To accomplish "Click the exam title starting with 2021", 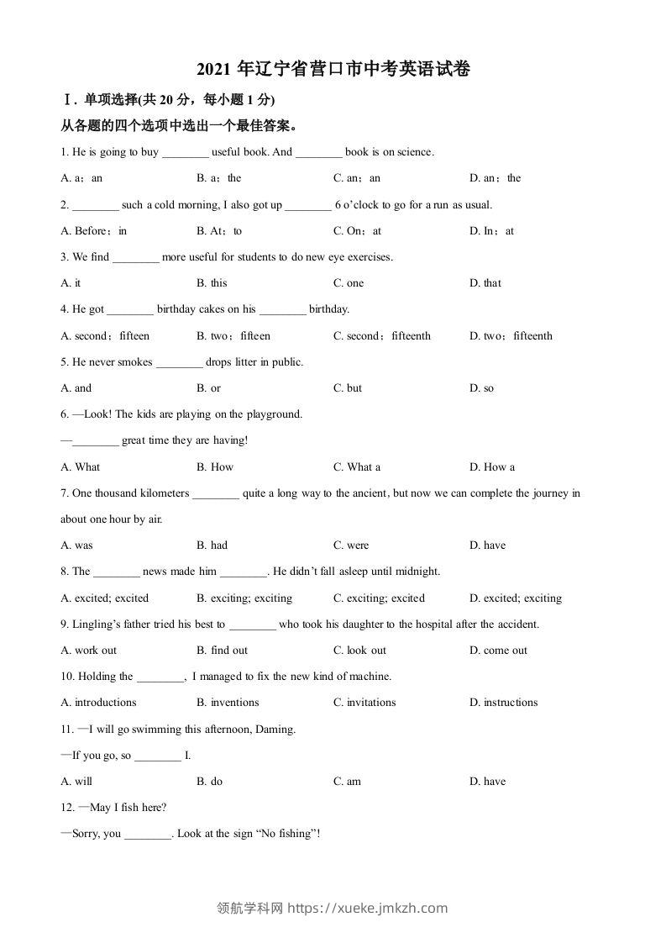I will click(x=333, y=70).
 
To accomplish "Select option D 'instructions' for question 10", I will click(x=503, y=703).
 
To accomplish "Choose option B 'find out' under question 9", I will click(x=223, y=651).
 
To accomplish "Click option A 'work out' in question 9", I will click(x=89, y=651).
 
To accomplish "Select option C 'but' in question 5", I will click(x=348, y=388).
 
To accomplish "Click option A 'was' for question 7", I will click(x=77, y=545).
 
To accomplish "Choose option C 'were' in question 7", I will click(x=351, y=545).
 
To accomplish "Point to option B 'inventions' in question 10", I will click(x=228, y=703).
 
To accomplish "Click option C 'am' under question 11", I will click(x=347, y=782).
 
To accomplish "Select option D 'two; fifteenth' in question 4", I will click(x=511, y=336).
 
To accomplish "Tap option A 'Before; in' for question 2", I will click(x=94, y=231).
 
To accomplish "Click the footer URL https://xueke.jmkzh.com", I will click(x=368, y=908).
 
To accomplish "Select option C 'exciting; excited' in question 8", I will click(x=379, y=598).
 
